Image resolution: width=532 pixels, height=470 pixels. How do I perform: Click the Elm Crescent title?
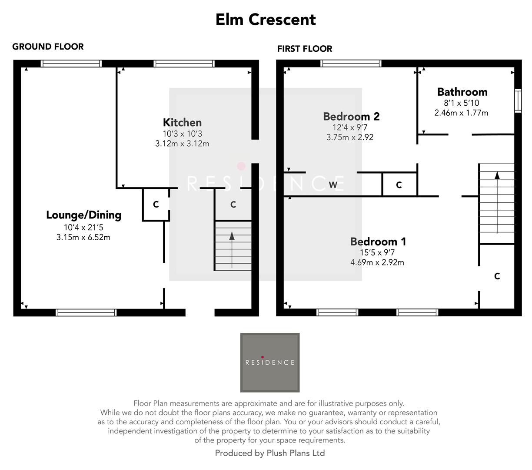point(266,20)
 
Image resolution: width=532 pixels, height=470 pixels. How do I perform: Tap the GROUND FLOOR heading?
point(48,47)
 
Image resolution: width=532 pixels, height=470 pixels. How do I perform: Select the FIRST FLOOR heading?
point(305,49)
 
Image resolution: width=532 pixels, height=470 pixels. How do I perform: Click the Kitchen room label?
point(182,123)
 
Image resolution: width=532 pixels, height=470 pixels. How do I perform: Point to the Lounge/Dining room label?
point(83,215)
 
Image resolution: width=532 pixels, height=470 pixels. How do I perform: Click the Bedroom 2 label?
point(351,117)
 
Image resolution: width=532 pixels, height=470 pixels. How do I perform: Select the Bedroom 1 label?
point(378,242)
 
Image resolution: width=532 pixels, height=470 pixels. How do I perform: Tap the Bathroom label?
point(462,92)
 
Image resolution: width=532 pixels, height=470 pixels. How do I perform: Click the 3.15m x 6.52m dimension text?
point(83,237)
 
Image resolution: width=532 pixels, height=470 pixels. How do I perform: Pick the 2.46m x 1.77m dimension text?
point(461,113)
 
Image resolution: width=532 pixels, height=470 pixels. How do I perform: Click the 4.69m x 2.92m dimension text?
point(377,262)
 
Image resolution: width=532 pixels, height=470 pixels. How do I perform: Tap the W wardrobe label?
point(333,185)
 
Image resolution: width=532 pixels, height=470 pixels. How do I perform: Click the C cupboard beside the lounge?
point(156,205)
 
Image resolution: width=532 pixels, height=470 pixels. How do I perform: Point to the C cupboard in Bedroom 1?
point(497,276)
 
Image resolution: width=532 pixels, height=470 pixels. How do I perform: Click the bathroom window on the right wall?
point(518,101)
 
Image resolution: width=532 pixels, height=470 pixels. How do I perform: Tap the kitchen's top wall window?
point(184,64)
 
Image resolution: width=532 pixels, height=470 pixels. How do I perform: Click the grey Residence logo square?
point(270,363)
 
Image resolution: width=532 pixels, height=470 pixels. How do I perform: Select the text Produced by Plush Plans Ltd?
point(270,453)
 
